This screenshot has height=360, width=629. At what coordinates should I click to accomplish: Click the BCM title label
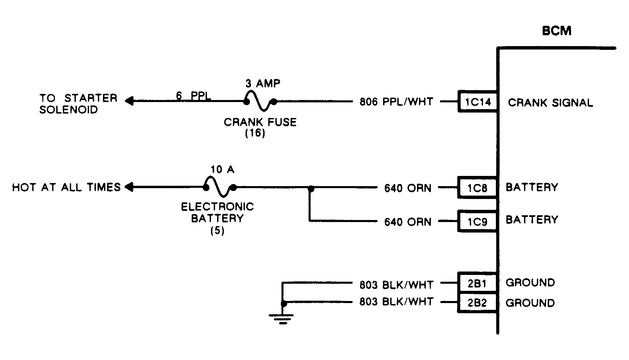point(557,31)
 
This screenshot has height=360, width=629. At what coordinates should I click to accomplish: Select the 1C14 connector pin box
point(478,101)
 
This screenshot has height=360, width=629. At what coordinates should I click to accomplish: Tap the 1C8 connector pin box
point(477,187)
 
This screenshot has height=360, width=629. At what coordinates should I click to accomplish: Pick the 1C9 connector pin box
point(477,221)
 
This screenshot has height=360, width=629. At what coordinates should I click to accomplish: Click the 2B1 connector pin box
point(477,283)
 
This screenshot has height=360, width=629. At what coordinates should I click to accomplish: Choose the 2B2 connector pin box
point(477,303)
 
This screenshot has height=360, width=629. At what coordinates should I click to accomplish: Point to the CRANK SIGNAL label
point(550,103)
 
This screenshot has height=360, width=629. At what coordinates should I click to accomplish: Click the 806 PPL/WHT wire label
point(396,102)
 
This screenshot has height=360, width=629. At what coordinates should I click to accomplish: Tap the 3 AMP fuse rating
point(263,83)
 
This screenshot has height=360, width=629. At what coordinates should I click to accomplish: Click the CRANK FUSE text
point(260,122)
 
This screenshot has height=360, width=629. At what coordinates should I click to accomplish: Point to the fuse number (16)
point(255,133)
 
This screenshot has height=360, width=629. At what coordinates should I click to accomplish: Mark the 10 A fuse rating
point(222,169)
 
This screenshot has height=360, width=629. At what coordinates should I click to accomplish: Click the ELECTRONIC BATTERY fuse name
point(217,213)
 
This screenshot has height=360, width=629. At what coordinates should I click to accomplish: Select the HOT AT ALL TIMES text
point(66,187)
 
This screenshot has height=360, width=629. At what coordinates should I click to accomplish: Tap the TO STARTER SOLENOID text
point(78,104)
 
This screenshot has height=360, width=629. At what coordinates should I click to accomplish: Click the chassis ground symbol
point(281,319)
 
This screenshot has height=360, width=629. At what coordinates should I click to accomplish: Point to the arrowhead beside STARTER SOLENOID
point(129,101)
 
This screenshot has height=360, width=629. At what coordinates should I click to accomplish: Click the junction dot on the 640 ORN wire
point(311,187)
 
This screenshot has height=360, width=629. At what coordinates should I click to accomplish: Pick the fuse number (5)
point(217,231)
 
